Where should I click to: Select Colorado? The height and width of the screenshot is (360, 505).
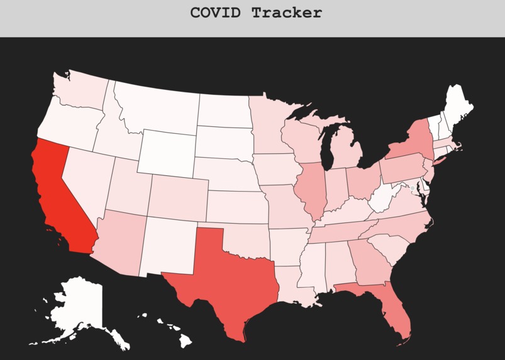pos(177,195)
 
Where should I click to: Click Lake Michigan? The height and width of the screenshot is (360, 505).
pos(327,151)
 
